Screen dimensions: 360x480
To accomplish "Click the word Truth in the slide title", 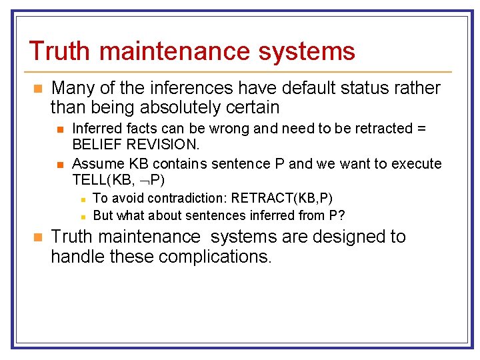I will (59, 51).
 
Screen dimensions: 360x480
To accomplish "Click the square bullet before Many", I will (38, 89).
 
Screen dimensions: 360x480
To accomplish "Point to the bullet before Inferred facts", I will (61, 129).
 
